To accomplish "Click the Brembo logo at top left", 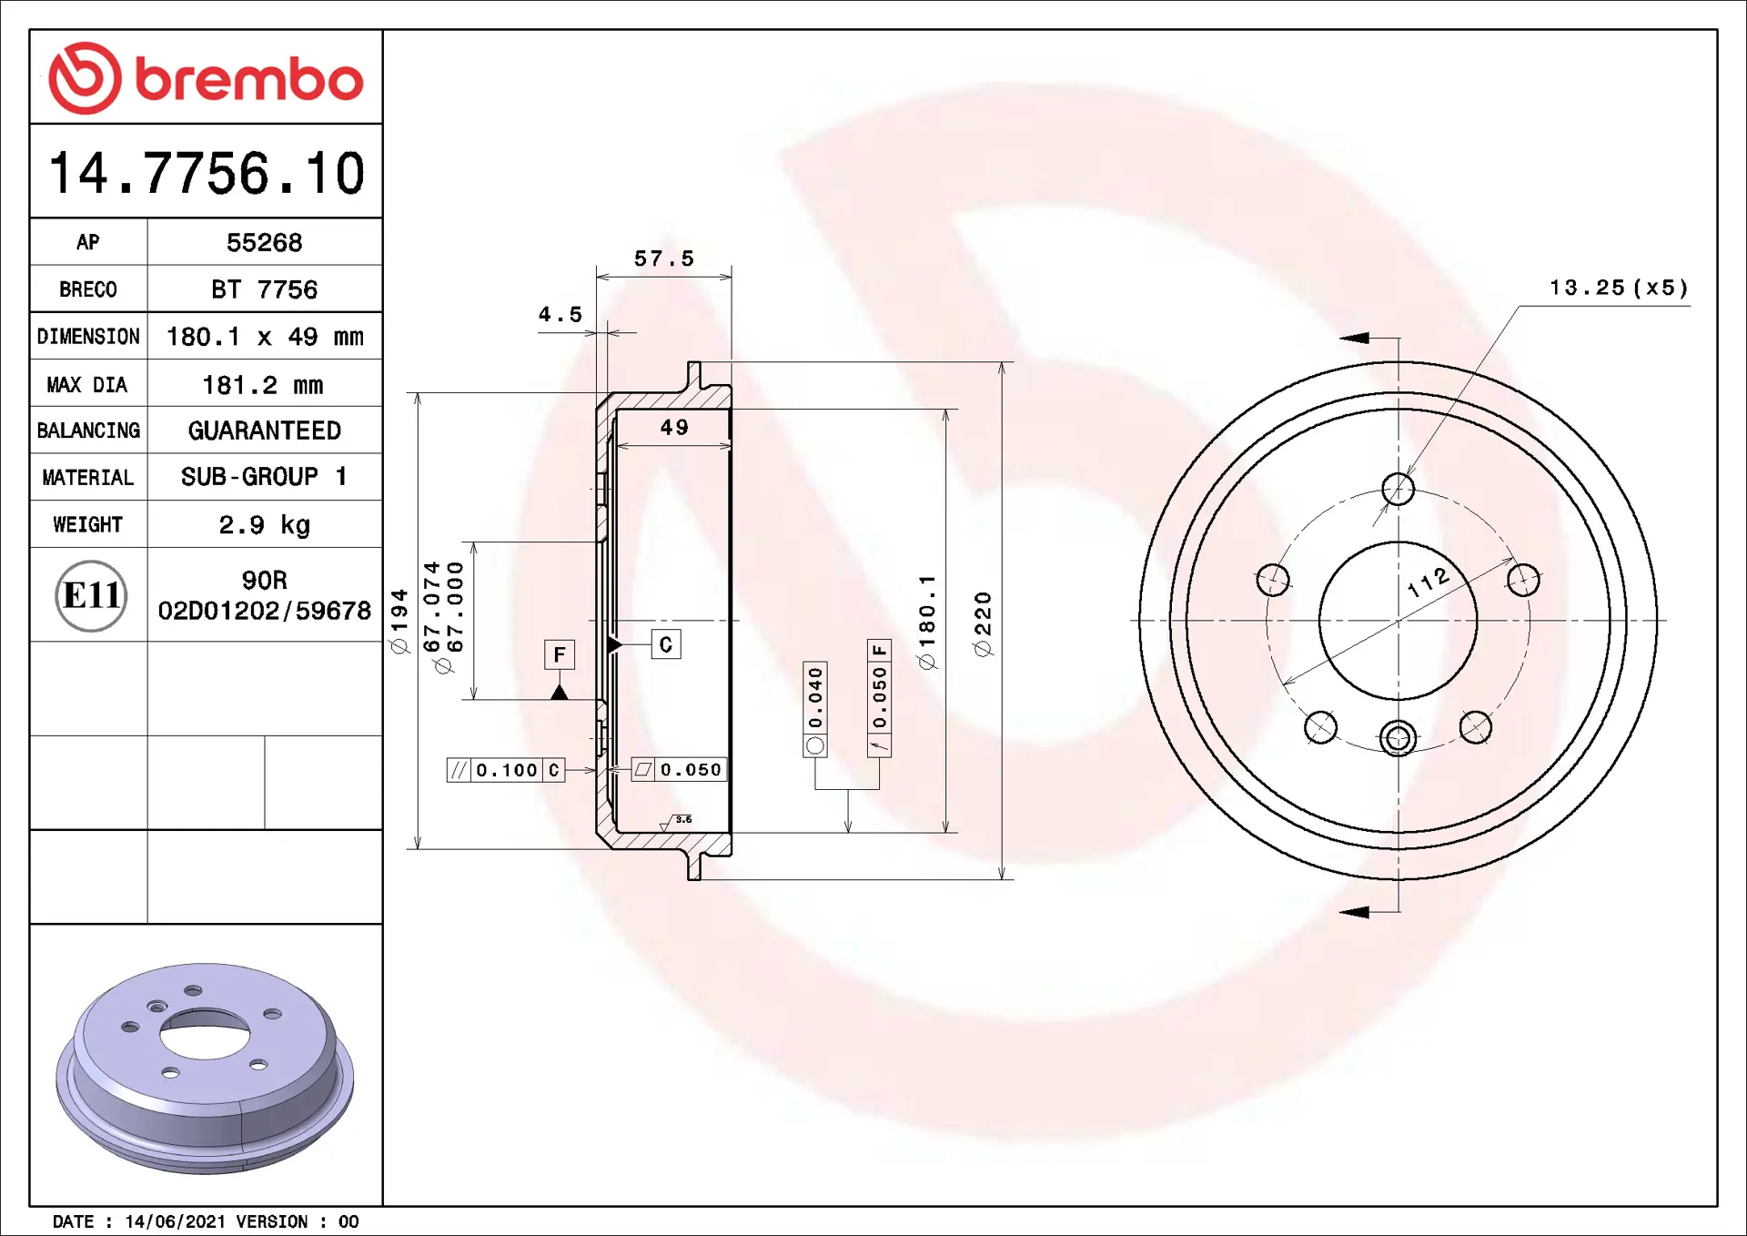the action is tap(207, 78).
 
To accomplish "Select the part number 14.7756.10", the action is tap(207, 173).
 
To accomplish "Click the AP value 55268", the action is tap(264, 243).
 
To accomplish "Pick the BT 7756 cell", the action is tap(264, 289).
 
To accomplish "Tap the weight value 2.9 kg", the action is tap(264, 525).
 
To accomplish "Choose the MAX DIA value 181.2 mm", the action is tap(263, 385).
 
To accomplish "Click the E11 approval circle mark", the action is tap(91, 596).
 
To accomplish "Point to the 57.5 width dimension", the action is tap(664, 259).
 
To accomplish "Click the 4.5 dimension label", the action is tap(560, 315).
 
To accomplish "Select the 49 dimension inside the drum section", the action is tap(674, 428).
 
